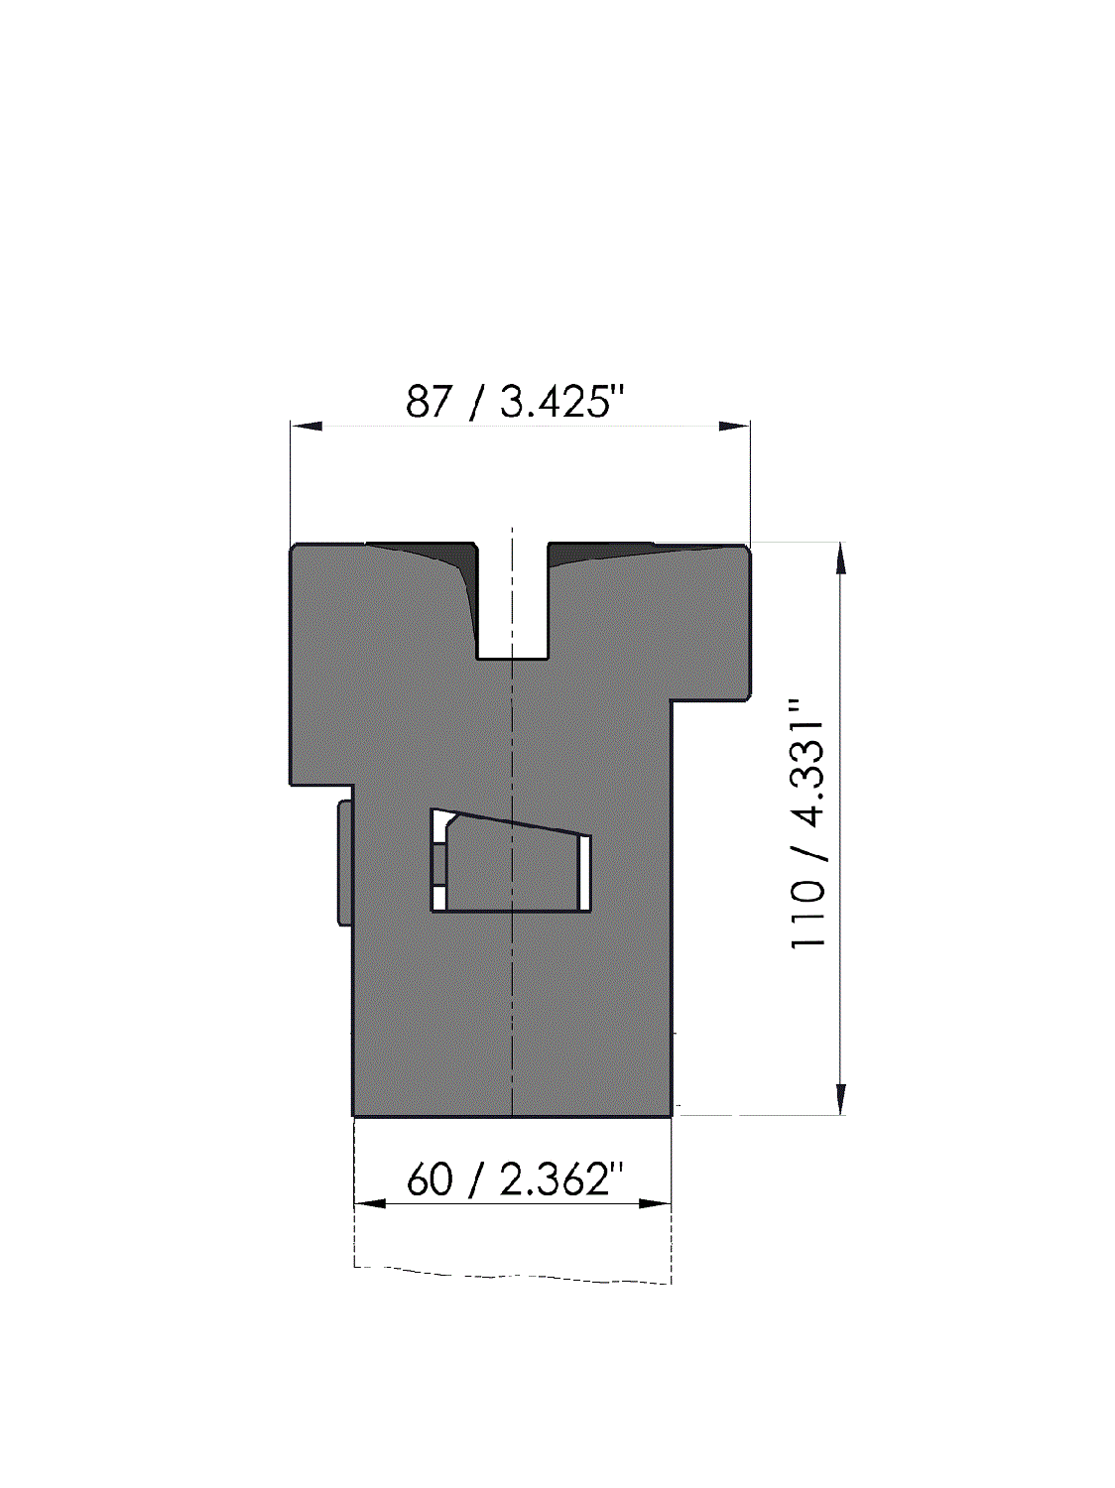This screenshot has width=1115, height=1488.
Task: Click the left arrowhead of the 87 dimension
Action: [306, 426]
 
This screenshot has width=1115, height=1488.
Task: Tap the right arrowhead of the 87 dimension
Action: [735, 426]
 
